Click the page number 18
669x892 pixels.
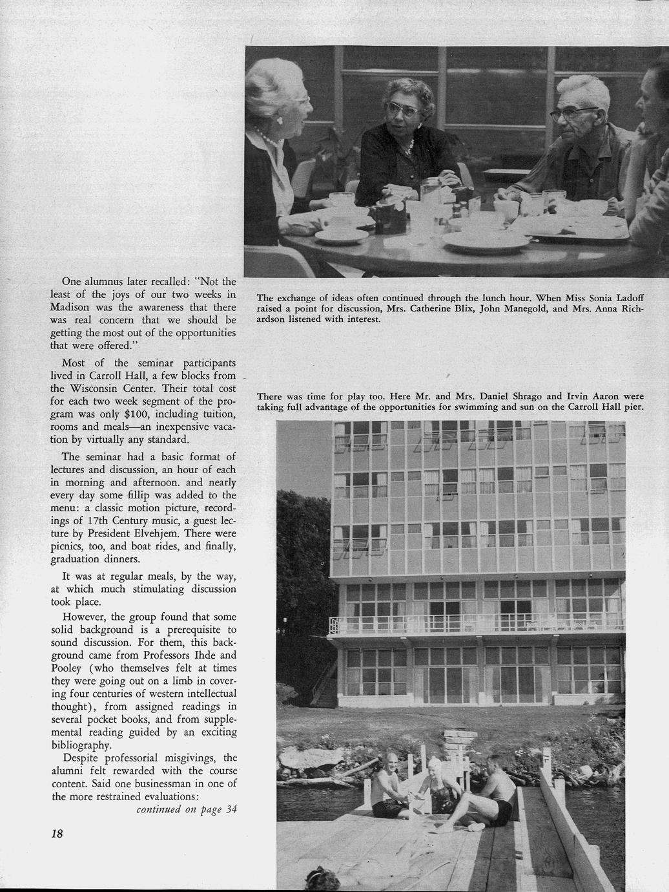pos(57,833)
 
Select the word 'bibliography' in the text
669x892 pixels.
pos(83,745)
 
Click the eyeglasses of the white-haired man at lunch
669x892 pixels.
pos(573,114)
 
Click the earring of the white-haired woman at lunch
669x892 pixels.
pos(282,120)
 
